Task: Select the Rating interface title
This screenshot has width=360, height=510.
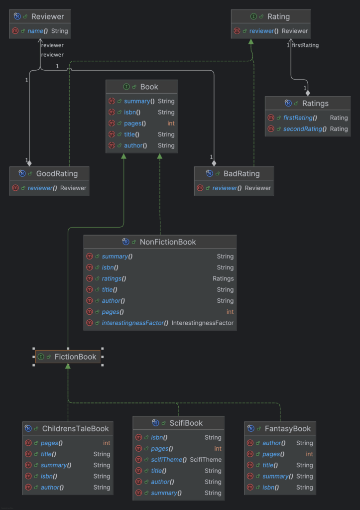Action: pos(278,16)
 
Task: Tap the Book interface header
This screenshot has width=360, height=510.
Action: pos(148,87)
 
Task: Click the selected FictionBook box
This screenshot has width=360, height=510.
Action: pos(68,357)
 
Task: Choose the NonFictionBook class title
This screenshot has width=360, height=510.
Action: pos(167,242)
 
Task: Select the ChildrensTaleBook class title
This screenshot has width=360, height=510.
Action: pos(75,428)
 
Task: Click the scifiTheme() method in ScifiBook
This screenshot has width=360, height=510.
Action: pos(169,460)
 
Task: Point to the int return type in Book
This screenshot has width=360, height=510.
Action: pos(171,124)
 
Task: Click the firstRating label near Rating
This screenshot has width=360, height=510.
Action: pos(305,45)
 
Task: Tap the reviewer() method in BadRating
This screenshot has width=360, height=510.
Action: pos(227,188)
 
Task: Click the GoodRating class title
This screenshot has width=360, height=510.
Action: pos(57,174)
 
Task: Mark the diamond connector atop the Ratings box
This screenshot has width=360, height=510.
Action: pos(308,93)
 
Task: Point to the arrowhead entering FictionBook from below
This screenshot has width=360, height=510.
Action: pos(68,367)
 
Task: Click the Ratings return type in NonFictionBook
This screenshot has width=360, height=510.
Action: pos(223,278)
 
